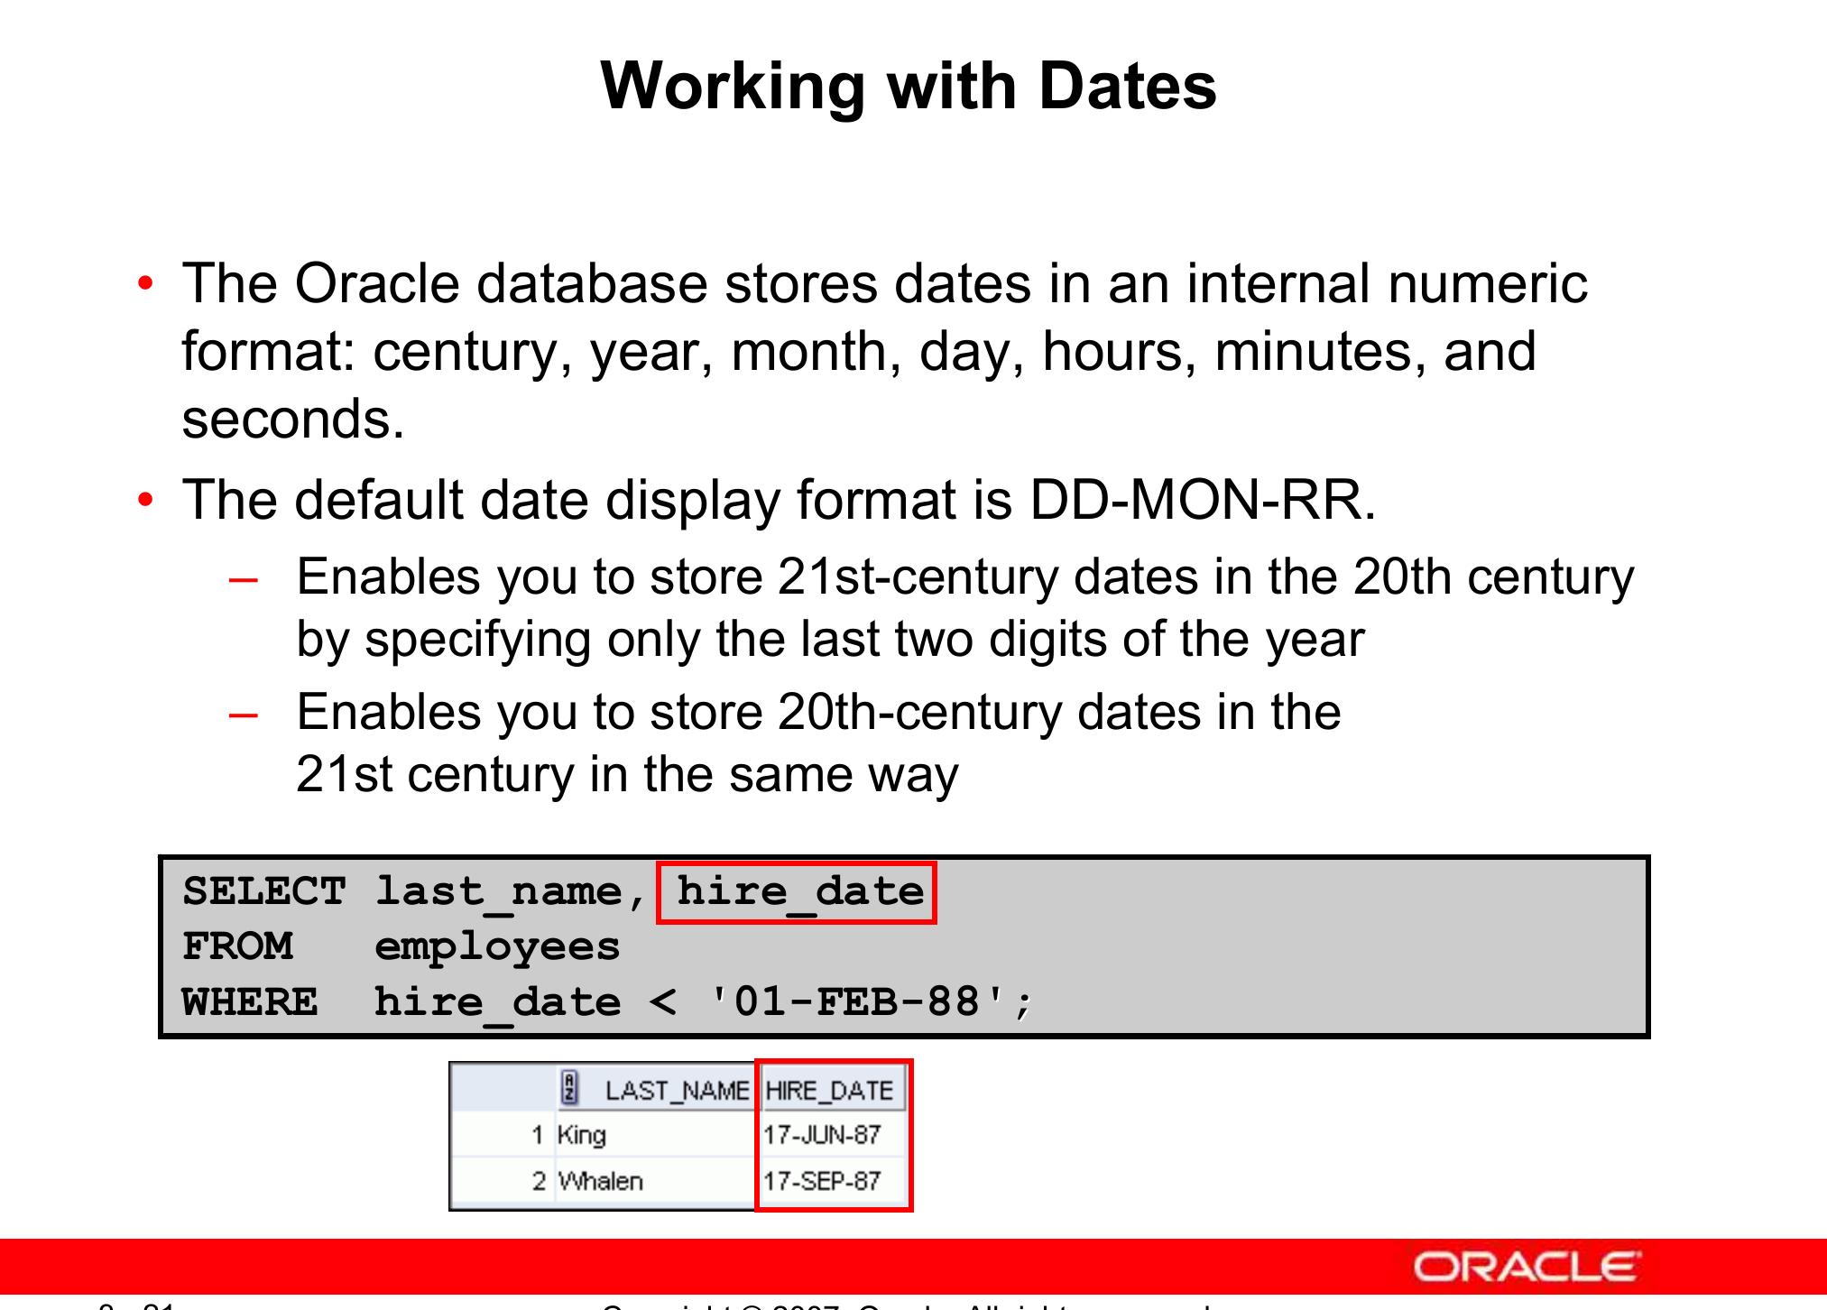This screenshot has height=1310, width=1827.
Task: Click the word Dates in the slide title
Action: pos(1127,87)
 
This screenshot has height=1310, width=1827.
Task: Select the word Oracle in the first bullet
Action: pos(376,284)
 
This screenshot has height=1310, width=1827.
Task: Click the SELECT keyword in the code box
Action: pos(263,891)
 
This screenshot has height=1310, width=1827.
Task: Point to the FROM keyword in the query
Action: pos(237,946)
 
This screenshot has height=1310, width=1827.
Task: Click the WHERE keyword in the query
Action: pos(250,1002)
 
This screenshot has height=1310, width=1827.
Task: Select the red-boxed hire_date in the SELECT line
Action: pos(799,891)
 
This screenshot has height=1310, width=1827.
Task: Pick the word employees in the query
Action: pos(497,946)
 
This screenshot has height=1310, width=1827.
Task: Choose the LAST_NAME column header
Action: pos(676,1091)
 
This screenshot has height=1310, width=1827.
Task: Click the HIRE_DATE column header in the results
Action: pos(829,1091)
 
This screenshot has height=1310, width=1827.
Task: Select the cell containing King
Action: pos(582,1135)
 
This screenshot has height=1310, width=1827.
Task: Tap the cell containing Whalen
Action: pos(600,1181)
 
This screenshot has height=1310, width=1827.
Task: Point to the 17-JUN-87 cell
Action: pos(822,1135)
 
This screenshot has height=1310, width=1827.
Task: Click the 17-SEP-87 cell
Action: pos(822,1181)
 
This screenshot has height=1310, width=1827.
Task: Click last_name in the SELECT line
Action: pos(498,891)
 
